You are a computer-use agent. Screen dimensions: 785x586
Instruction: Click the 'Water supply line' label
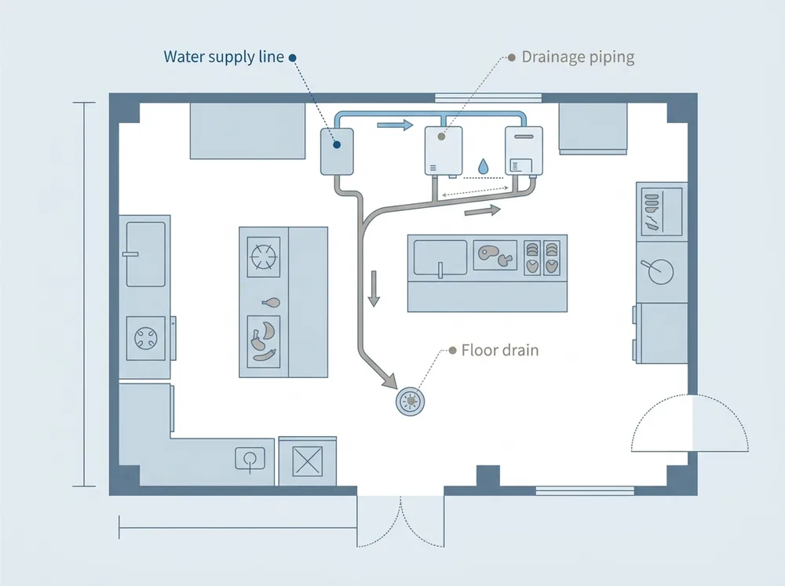(224, 56)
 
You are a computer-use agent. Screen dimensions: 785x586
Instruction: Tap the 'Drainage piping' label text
(578, 57)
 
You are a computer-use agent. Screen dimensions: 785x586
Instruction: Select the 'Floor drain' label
(499, 351)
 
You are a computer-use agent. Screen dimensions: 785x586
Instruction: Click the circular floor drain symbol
(411, 401)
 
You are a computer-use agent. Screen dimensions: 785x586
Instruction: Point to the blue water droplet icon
(483, 166)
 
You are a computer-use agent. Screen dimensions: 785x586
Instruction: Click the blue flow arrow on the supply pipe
(395, 125)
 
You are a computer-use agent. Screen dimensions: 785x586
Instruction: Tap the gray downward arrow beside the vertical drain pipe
(374, 288)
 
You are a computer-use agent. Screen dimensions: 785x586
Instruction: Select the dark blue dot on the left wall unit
(337, 145)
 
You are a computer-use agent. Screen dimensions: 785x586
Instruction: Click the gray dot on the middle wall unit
(441, 136)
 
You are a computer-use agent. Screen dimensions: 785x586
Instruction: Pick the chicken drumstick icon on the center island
(272, 302)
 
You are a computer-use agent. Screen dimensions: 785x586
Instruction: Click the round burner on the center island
(264, 257)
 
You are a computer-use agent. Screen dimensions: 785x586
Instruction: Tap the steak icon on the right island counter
(495, 255)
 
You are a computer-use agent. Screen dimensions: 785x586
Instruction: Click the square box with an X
(308, 461)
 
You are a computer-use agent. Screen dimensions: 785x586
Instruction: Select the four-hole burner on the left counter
(146, 338)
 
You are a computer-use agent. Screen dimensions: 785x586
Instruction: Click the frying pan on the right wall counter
(658, 271)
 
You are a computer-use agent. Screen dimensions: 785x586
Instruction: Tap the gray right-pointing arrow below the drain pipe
(483, 210)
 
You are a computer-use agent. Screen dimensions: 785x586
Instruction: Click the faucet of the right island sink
(440, 270)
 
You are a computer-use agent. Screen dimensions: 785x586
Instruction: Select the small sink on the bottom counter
(250, 459)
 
